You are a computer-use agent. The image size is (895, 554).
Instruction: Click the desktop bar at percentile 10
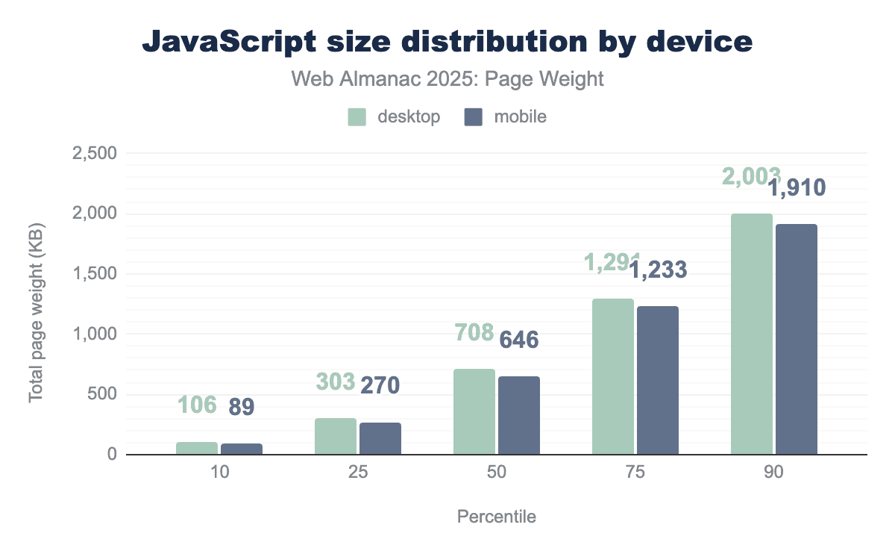(197, 448)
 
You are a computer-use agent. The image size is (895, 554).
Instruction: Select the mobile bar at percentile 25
(380, 438)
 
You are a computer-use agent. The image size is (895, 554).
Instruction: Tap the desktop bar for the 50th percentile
(474, 411)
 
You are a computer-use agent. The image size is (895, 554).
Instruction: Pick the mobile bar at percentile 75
(658, 380)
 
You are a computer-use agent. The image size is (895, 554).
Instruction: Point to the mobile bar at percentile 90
(797, 339)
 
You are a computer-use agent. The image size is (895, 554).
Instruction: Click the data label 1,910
(797, 187)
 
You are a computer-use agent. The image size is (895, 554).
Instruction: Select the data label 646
(518, 340)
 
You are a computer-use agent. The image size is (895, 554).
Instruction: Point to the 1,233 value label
(658, 270)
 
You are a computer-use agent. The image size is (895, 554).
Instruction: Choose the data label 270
(380, 385)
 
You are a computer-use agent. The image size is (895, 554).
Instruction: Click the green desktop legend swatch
(357, 117)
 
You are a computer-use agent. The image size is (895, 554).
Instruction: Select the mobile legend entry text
(520, 117)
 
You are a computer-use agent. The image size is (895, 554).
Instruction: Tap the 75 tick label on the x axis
(635, 473)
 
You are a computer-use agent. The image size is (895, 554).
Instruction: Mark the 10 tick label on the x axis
(219, 473)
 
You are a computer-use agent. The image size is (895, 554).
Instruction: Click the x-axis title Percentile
(497, 517)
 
